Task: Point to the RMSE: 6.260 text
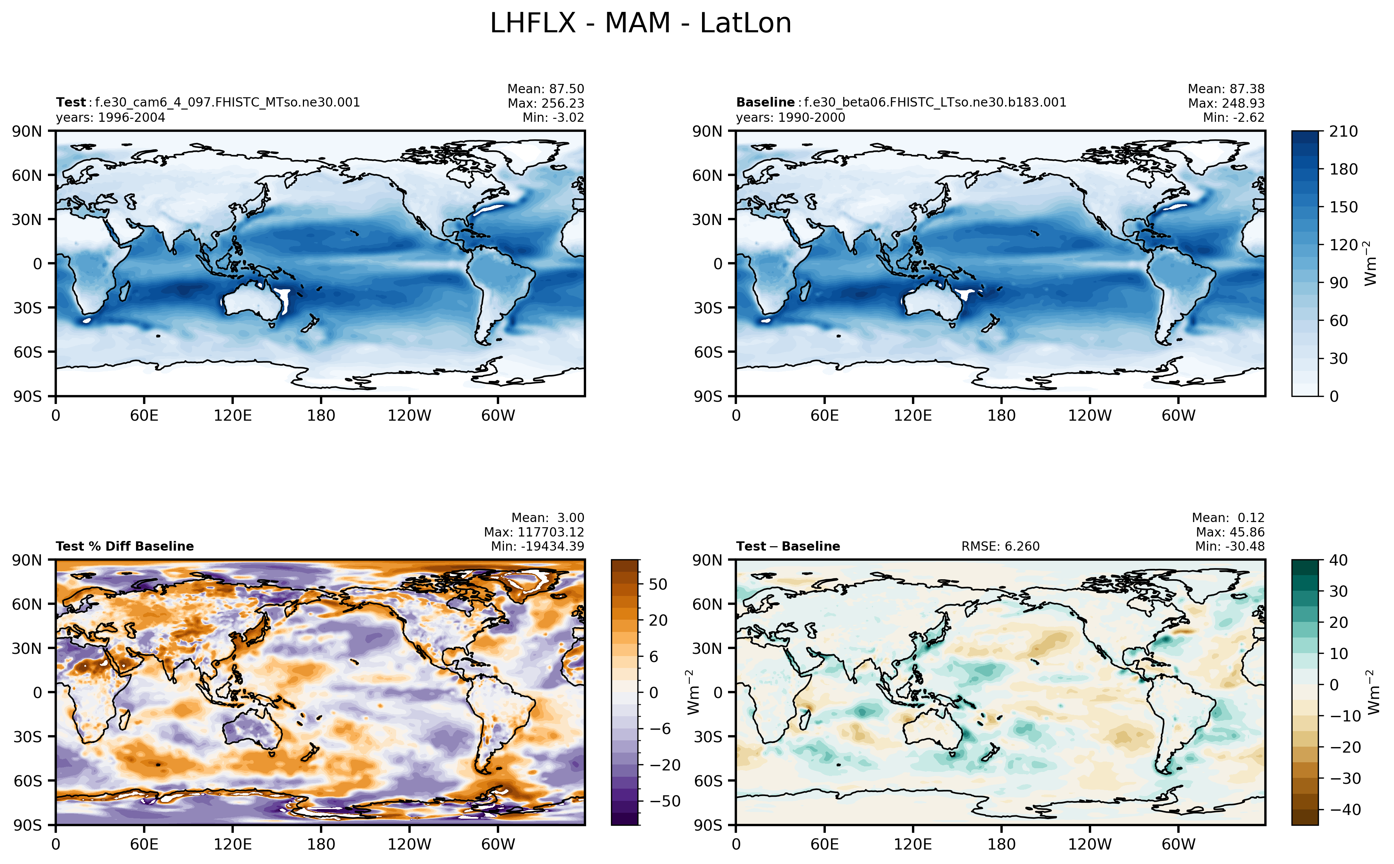pos(1000,546)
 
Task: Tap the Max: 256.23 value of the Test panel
pos(546,104)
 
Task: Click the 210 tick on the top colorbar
pos(1343,131)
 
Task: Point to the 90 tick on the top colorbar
pos(1338,283)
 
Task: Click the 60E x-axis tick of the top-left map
pos(144,415)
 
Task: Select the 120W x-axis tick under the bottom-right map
pos(1090,844)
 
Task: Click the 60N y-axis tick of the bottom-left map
pos(28,604)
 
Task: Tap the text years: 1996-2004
pos(110,118)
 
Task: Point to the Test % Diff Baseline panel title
pos(124,546)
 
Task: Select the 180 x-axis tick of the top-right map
pos(1001,415)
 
